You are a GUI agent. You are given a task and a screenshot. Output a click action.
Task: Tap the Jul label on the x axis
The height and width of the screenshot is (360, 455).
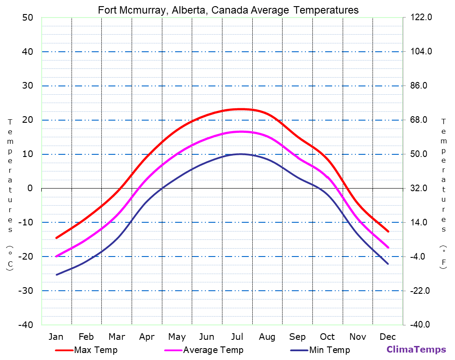click(x=237, y=337)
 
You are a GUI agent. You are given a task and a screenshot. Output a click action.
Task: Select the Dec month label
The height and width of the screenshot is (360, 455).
click(x=388, y=337)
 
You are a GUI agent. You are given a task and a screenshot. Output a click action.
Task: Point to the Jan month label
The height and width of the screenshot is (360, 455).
click(x=56, y=337)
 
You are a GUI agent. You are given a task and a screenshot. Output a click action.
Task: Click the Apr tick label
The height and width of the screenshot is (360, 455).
click(x=147, y=337)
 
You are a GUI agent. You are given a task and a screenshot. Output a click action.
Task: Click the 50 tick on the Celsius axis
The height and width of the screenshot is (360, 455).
click(x=27, y=18)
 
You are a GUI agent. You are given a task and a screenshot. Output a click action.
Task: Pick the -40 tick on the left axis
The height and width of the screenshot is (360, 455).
click(x=25, y=325)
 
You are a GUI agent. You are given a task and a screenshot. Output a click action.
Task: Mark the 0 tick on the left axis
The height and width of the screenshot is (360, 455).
click(x=30, y=188)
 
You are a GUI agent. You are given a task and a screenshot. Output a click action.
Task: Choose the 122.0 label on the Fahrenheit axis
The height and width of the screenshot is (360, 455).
click(x=421, y=18)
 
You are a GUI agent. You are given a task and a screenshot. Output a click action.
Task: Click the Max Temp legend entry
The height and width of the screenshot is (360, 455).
click(x=96, y=350)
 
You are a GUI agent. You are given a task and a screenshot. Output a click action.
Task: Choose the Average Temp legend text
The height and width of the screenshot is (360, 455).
click(x=213, y=350)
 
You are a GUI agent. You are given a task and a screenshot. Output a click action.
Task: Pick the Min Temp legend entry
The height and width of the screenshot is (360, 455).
click(x=329, y=350)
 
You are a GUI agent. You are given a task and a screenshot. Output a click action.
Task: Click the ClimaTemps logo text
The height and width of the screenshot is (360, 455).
click(x=416, y=349)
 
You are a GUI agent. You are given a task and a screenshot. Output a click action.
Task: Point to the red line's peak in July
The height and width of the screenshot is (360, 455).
click(x=240, y=109)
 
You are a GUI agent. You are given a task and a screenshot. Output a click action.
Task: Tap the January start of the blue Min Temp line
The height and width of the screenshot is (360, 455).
click(x=56, y=275)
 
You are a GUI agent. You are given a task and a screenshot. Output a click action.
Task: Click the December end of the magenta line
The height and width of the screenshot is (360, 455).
click(x=388, y=248)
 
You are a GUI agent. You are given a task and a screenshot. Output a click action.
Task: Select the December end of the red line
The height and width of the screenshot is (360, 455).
click(x=388, y=232)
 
